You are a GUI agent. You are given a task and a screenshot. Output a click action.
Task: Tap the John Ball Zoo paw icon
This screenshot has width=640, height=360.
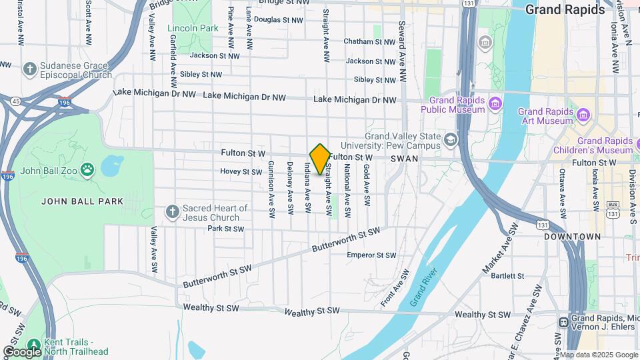coord(87,169)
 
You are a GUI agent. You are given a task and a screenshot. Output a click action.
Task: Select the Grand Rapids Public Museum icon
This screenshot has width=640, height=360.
coord(495,103)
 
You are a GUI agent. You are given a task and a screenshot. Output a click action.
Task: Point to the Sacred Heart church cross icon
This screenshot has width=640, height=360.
coord(172,212)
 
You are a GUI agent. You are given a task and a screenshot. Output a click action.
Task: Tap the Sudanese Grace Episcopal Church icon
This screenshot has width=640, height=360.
coord(29,69)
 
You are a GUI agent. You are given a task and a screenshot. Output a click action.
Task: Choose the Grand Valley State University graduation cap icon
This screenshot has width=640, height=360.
coord(451,139)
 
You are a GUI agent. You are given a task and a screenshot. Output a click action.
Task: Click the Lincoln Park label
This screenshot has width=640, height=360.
coord(193,29)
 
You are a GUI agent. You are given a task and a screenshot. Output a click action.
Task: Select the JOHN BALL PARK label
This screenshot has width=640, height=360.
coord(73,201)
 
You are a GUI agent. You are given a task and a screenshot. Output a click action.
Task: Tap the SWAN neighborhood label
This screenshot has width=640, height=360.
coord(404,159)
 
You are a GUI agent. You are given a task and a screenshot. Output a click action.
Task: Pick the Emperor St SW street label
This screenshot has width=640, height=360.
coord(371,255)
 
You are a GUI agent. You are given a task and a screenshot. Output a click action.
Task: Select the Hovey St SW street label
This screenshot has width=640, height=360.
coord(241,171)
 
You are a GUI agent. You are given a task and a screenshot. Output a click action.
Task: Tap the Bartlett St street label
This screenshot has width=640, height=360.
coord(508,275)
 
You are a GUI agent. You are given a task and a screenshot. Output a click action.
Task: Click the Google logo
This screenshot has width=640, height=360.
coord(22,351)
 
